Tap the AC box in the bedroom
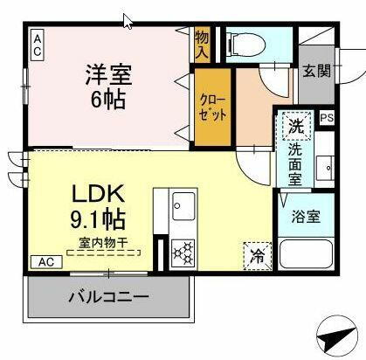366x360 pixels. [38, 44]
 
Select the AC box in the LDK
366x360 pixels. [45, 261]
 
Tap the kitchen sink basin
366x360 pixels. [184, 208]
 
